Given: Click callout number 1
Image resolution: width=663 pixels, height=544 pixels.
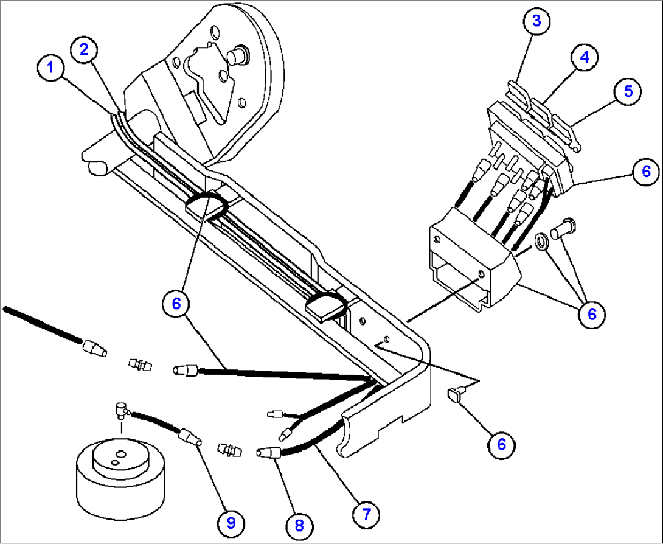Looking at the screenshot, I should (x=53, y=68).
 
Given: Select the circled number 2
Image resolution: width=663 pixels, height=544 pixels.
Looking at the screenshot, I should (x=85, y=50).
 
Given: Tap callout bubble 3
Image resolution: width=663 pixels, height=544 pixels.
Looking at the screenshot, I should (x=536, y=21).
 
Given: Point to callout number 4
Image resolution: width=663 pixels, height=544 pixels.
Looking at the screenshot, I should (x=583, y=57).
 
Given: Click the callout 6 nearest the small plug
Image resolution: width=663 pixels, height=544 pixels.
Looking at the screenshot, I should (x=501, y=444).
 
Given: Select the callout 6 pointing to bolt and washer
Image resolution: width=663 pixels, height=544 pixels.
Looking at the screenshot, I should (x=591, y=313).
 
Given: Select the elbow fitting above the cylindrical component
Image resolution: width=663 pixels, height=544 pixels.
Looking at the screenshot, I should (x=122, y=411).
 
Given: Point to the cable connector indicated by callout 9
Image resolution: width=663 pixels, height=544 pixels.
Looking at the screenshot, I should (x=188, y=437).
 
